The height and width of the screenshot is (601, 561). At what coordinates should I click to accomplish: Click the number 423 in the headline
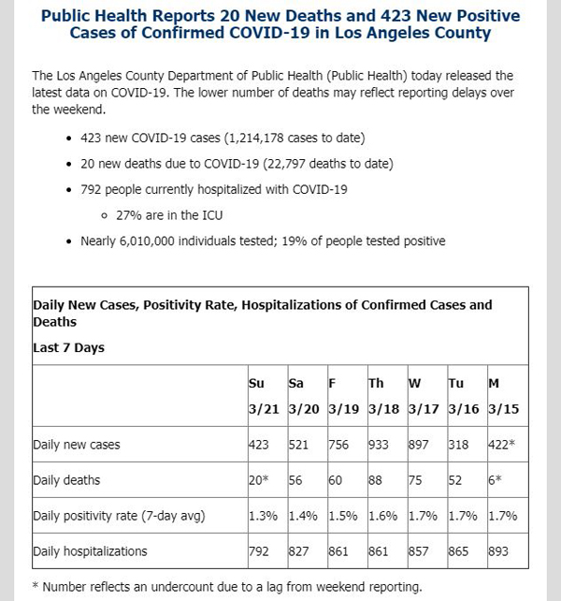pyautogui.click(x=396, y=16)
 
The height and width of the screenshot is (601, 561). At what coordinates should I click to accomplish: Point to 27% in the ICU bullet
pyautogui.click(x=129, y=215)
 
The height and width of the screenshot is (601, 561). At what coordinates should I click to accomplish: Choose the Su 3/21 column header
pyautogui.click(x=264, y=396)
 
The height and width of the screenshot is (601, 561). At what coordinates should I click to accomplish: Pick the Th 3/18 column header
pyautogui.click(x=383, y=396)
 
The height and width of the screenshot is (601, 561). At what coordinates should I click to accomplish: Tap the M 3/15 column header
pyautogui.click(x=504, y=396)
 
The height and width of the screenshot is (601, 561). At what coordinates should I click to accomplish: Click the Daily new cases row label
pyautogui.click(x=77, y=445)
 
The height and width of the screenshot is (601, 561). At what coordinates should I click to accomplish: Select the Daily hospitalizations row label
pyautogui.click(x=90, y=551)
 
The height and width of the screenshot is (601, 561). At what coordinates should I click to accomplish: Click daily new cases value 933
pyautogui.click(x=379, y=445)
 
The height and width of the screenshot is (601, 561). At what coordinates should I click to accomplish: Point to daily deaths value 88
pyautogui.click(x=375, y=480)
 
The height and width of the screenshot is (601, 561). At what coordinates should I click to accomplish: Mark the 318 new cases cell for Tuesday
pyautogui.click(x=458, y=445)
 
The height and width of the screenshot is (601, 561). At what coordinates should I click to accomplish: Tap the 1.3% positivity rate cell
pyautogui.click(x=263, y=516)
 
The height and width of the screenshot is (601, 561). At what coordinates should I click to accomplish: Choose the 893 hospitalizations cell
pyautogui.click(x=498, y=551)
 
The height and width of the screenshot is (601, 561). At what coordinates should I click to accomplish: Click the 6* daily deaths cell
pyautogui.click(x=495, y=480)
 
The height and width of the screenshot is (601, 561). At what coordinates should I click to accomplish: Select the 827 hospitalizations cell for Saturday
pyautogui.click(x=298, y=551)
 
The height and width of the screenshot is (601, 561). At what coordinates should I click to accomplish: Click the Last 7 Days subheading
pyautogui.click(x=68, y=347)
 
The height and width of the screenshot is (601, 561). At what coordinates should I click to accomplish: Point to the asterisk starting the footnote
pyautogui.click(x=36, y=586)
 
